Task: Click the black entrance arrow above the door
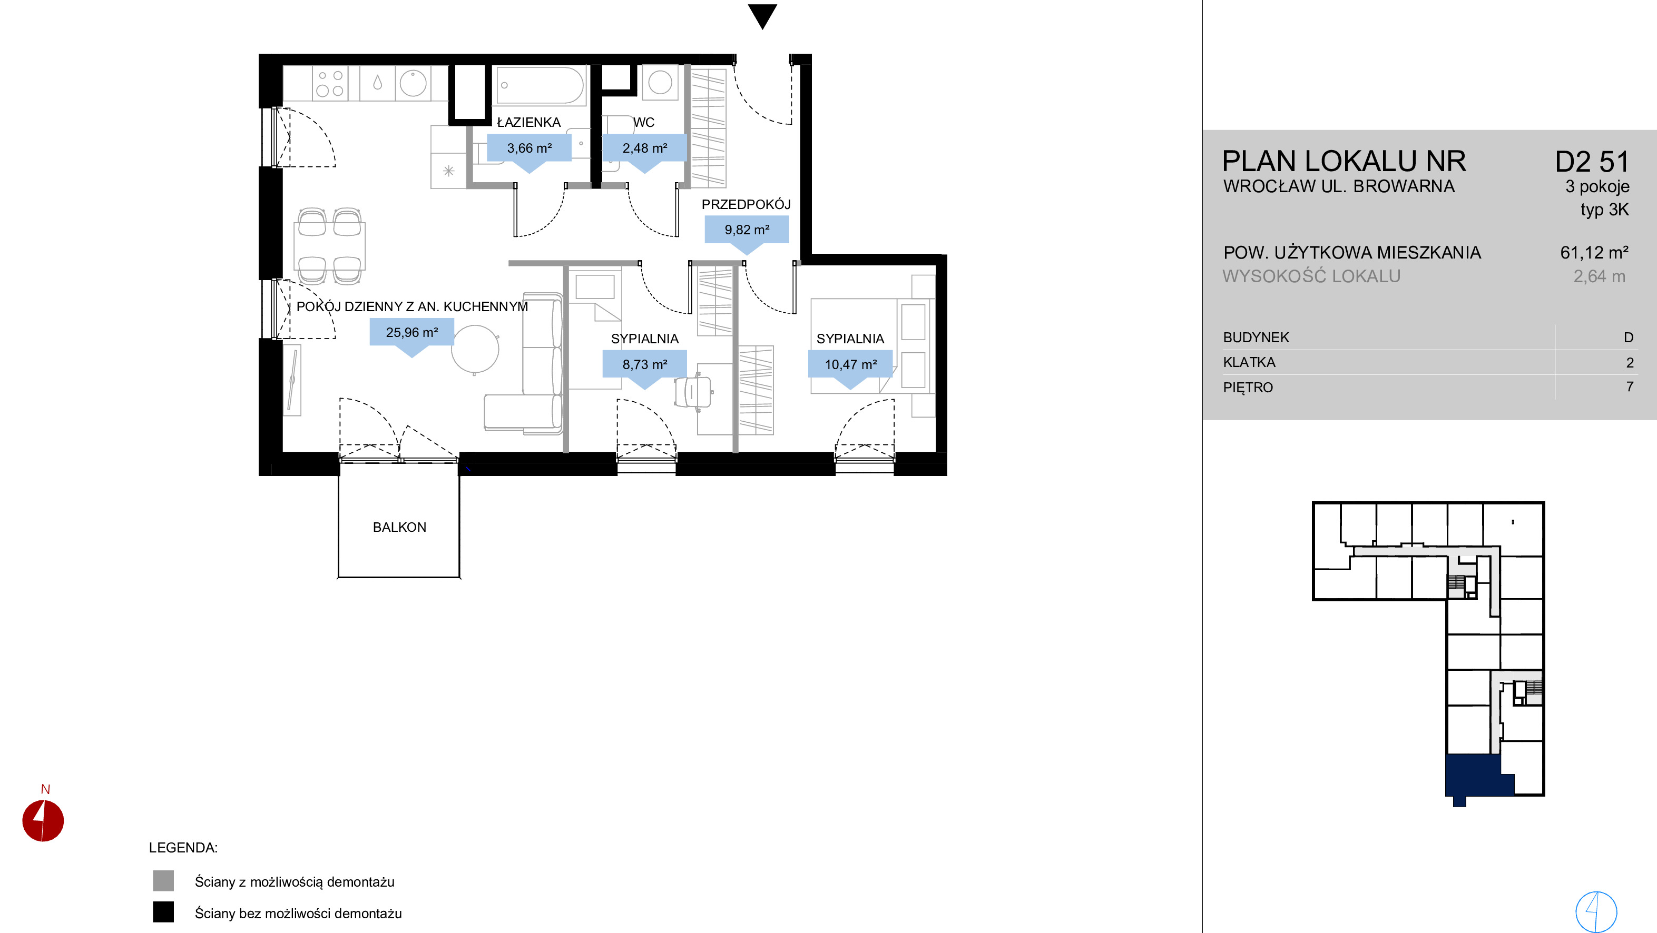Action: (x=763, y=15)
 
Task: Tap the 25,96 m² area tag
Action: (x=411, y=336)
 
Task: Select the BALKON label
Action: (x=399, y=527)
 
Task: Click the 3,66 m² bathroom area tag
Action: (x=529, y=152)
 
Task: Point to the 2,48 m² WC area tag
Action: (x=644, y=152)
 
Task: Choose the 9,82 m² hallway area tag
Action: (x=747, y=233)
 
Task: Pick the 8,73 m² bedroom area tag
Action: (x=644, y=369)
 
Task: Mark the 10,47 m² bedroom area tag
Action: (x=850, y=369)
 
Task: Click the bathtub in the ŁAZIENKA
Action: (x=541, y=85)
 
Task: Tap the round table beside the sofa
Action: (x=475, y=349)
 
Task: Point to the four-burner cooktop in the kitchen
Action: (x=330, y=84)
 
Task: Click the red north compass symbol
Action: (x=43, y=820)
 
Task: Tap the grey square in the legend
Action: (x=163, y=881)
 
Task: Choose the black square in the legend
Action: (x=163, y=912)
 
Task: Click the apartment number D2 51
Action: (x=1592, y=162)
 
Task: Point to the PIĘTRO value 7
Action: (x=1630, y=386)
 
